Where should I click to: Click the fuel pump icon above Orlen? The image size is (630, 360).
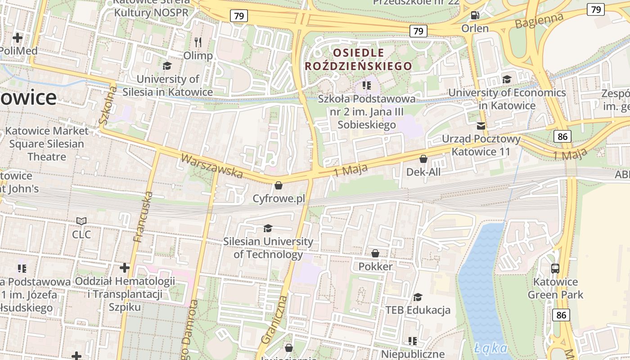click(x=475, y=15)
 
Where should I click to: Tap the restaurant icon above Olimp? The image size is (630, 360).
click(x=198, y=42)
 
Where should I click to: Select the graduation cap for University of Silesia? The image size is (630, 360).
click(x=167, y=66)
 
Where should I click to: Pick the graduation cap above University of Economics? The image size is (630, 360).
click(x=507, y=80)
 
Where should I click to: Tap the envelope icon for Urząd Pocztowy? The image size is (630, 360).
click(x=481, y=126)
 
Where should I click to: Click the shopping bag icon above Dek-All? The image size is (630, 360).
click(x=423, y=159)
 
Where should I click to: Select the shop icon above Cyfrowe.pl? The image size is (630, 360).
click(x=279, y=185)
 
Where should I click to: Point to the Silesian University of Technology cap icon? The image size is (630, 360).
click(x=268, y=229)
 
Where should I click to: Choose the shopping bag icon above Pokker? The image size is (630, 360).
click(x=375, y=254)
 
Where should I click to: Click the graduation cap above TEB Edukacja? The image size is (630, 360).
click(x=418, y=297)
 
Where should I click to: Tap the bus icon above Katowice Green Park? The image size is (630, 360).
click(x=555, y=269)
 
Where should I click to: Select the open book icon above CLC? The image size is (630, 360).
click(x=81, y=221)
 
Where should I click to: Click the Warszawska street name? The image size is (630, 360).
click(x=211, y=166)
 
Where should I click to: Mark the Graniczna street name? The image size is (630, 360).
click(x=274, y=319)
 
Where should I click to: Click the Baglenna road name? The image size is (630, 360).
click(x=539, y=21)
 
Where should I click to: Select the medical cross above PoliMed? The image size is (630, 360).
click(x=18, y=38)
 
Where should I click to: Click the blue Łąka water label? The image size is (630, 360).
click(x=490, y=348)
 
